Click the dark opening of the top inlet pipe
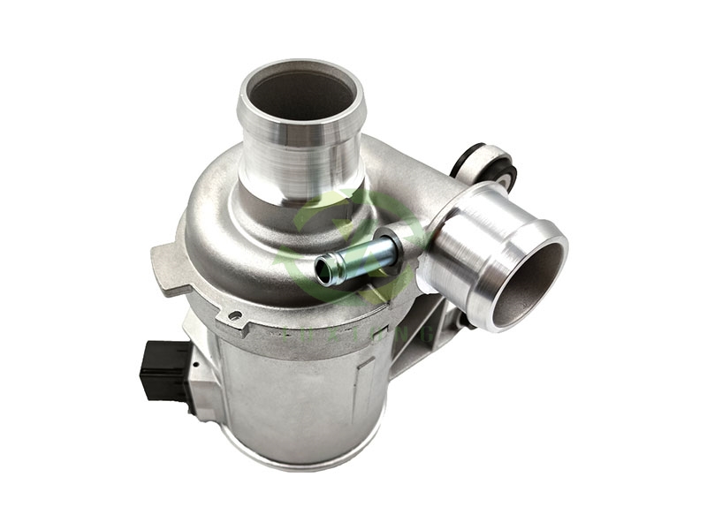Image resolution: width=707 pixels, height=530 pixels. pyautogui.click(x=300, y=95)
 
